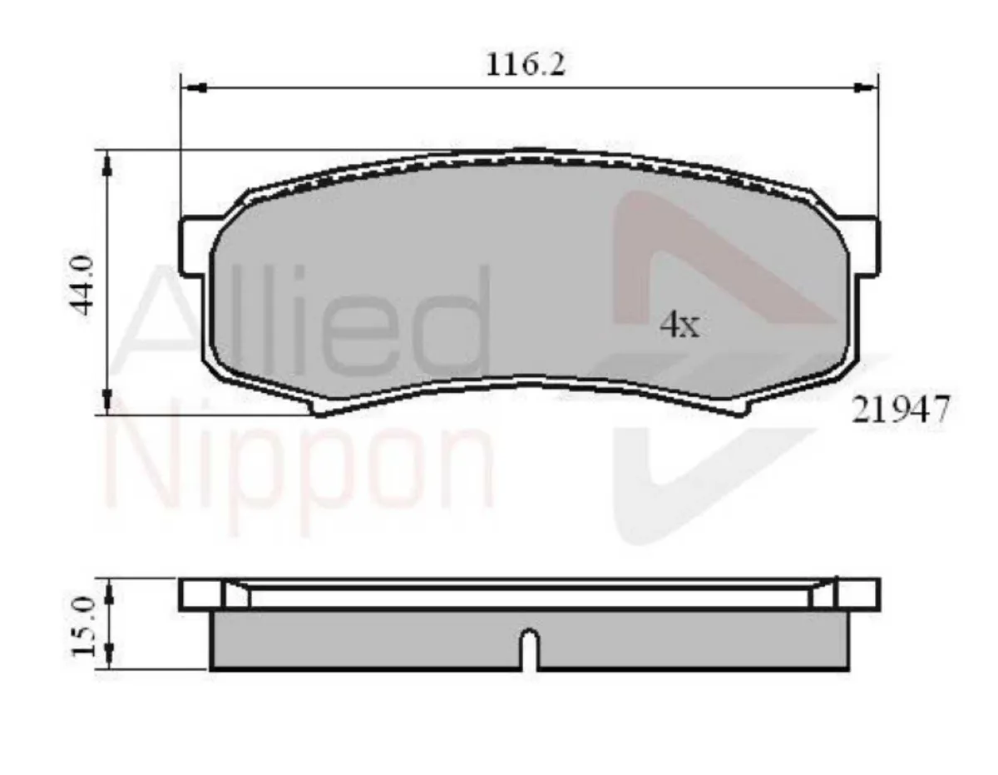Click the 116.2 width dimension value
click(526, 64)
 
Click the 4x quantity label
click(679, 325)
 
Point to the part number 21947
click(900, 410)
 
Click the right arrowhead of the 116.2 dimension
click(867, 86)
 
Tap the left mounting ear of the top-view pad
click(195, 246)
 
